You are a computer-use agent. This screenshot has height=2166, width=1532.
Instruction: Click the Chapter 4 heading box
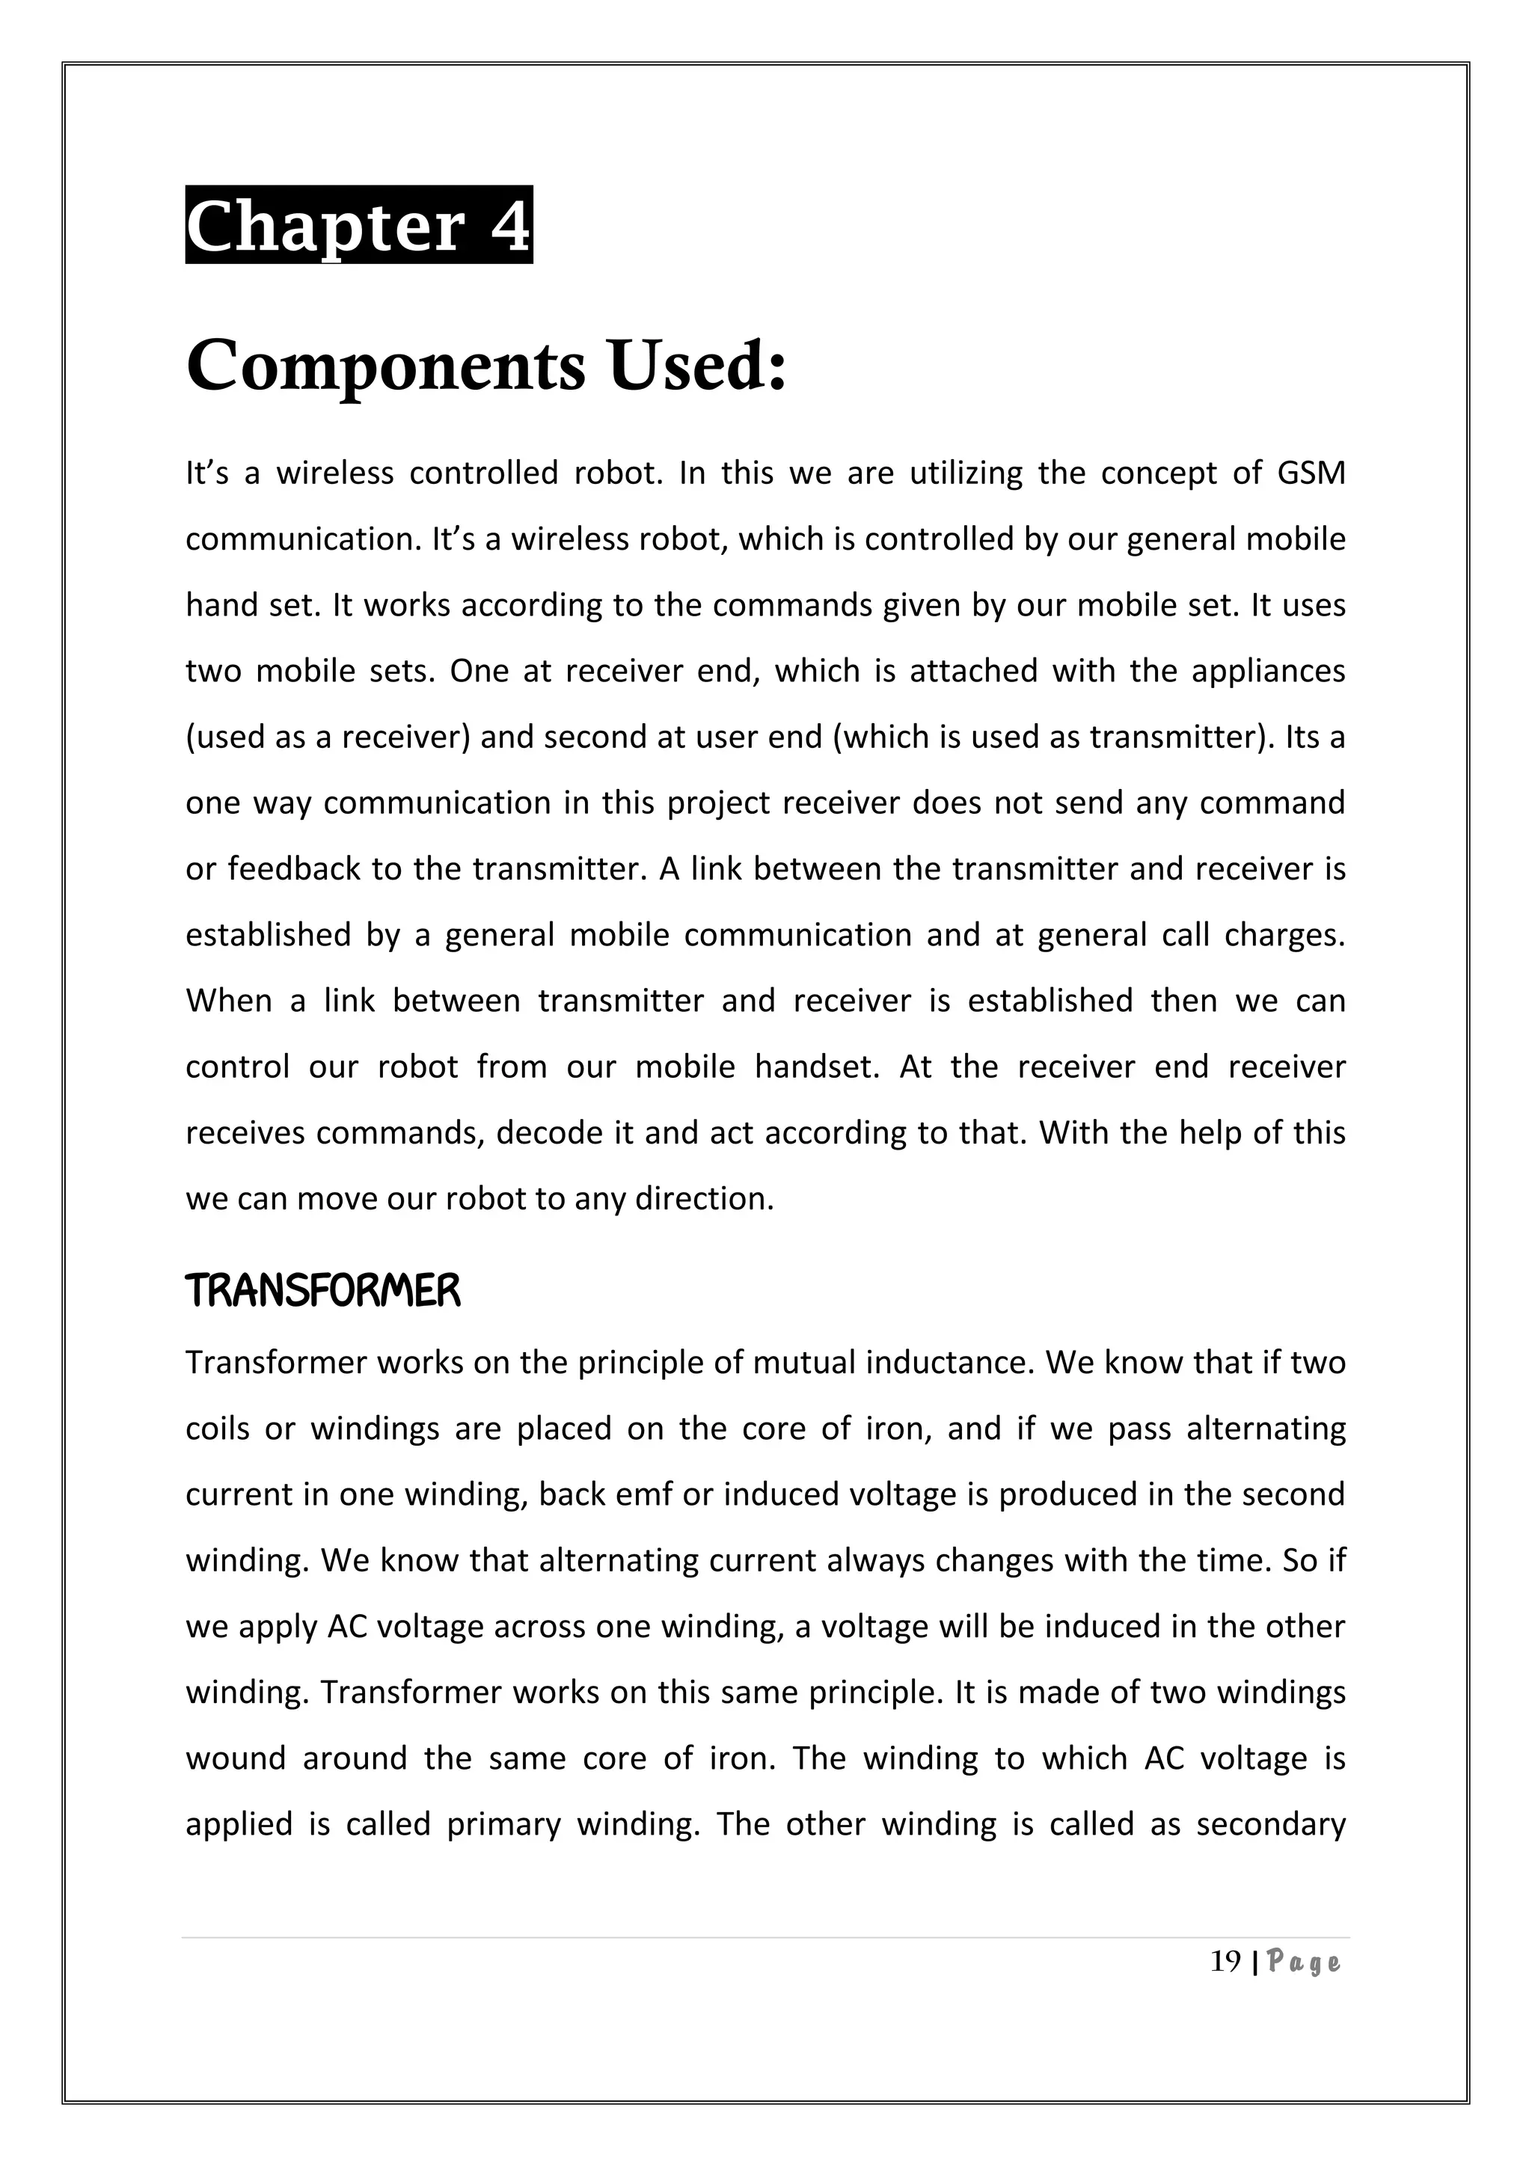coord(358,224)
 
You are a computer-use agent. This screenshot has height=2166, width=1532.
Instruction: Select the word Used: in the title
coord(697,366)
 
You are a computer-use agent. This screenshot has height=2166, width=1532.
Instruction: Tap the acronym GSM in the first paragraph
coord(1311,473)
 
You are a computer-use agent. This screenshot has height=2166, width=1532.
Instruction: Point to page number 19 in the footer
coord(1225,1963)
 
